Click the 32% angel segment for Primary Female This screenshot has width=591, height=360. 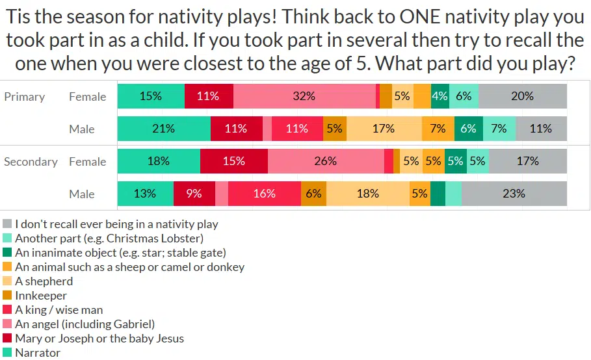coord(304,96)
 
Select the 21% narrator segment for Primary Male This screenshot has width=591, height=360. coord(164,129)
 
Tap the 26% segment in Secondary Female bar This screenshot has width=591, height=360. coord(325,161)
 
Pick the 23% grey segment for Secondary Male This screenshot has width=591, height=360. coord(514,194)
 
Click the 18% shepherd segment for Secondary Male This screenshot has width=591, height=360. coord(368,194)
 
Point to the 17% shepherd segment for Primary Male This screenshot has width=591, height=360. coord(384,129)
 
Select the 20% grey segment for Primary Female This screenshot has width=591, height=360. coord(522,96)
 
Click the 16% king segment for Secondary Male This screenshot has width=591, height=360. coord(265,194)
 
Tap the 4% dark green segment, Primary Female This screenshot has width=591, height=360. coord(440,96)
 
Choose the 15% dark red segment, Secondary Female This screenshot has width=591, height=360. coord(233,161)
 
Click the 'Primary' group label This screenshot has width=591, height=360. coord(25,97)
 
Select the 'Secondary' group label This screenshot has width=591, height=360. coord(31,162)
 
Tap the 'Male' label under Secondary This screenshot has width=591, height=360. coord(82,194)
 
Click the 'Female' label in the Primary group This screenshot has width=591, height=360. coord(87,97)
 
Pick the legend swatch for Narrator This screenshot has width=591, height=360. coord(8,353)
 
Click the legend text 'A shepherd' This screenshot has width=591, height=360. coord(44,281)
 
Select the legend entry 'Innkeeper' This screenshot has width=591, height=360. coord(41,296)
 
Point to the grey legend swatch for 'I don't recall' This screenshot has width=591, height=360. coord(8,224)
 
